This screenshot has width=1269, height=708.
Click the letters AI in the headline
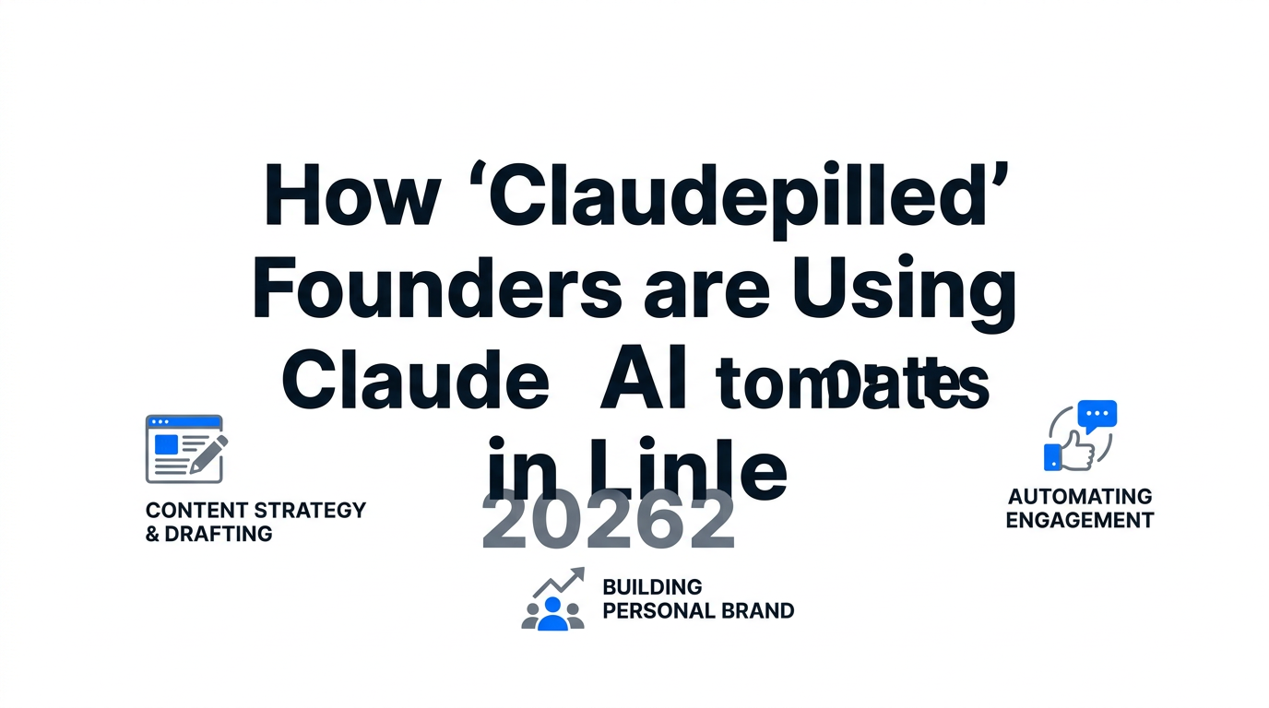643,381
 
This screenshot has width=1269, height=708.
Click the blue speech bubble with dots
1097,415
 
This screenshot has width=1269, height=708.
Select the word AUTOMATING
1080,497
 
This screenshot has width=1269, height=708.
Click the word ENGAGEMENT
1080,520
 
